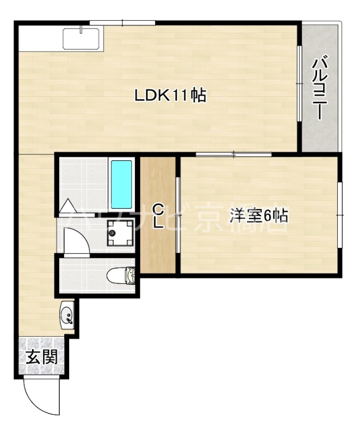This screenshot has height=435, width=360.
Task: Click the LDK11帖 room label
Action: tap(170, 96)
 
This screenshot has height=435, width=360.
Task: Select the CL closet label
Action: tap(158, 216)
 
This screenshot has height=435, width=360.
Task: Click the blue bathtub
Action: tap(122, 184)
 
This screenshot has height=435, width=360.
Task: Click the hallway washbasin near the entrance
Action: tap(67, 314)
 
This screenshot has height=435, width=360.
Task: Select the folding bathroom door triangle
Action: tap(69, 207)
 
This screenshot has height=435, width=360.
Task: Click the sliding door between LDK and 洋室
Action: tap(233, 154)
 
